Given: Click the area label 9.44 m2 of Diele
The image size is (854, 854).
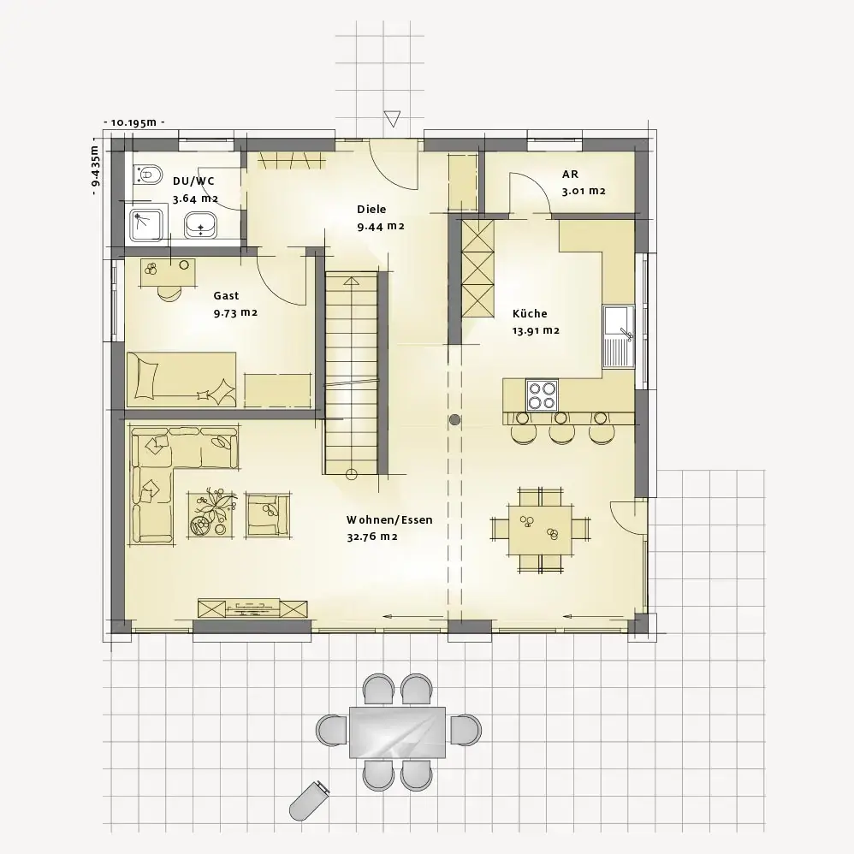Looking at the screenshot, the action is click(381, 227).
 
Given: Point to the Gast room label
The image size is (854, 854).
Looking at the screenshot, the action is click(226, 296).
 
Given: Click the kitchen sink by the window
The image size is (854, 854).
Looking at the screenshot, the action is click(619, 336).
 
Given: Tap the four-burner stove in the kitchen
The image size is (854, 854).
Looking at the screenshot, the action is click(542, 394).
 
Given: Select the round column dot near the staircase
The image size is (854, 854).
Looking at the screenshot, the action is click(454, 420).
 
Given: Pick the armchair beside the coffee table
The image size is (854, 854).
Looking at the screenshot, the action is click(267, 514).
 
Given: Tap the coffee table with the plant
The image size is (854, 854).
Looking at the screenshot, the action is click(212, 514).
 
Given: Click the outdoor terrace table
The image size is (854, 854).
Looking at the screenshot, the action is click(398, 732).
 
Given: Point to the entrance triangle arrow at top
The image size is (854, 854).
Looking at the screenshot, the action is click(392, 118).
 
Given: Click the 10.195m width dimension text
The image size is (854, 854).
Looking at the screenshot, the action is click(134, 122).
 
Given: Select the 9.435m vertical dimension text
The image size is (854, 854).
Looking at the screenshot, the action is click(95, 165).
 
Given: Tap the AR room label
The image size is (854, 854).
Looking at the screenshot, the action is click(570, 175).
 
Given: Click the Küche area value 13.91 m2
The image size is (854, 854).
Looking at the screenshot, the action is click(536, 330).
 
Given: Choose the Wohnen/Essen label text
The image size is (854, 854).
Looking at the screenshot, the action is click(389, 519).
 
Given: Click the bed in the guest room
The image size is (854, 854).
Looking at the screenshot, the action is click(181, 380).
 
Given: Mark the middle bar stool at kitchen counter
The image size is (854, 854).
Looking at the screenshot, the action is click(561, 430).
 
